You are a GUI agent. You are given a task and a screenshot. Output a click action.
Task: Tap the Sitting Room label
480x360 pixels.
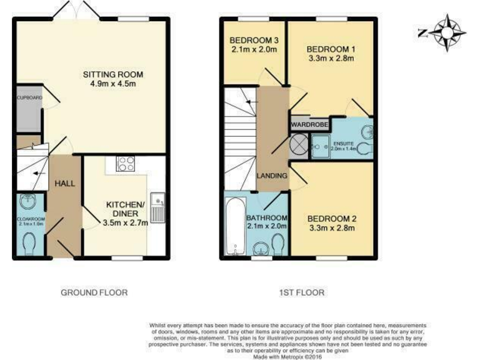(109, 75)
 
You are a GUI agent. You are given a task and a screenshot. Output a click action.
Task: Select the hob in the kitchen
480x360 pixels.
(126, 164)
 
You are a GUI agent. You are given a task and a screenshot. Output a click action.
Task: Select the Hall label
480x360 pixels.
(64, 183)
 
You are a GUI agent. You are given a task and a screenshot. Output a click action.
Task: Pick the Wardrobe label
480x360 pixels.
(306, 125)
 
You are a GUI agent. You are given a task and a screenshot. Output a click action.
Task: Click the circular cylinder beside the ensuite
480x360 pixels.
(297, 147)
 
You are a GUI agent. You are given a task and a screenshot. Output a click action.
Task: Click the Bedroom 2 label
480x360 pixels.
(331, 219)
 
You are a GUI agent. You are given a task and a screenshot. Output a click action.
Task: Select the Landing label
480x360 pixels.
(272, 176)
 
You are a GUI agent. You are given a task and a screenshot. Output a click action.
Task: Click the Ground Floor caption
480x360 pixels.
(94, 292)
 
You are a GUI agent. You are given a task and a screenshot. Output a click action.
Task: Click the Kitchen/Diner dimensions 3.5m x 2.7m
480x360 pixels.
(125, 222)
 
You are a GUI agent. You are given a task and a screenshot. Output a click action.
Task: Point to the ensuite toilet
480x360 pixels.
(367, 147)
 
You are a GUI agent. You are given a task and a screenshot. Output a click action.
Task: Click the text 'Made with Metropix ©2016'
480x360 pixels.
(287, 356)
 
